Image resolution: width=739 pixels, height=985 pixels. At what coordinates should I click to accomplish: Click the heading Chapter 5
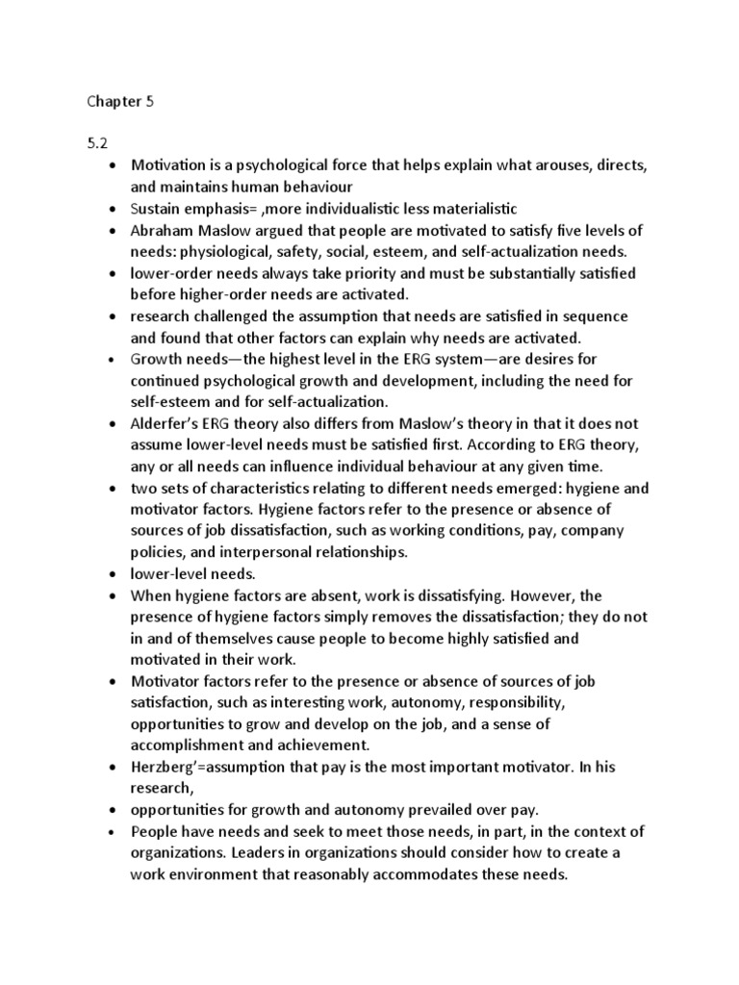119,101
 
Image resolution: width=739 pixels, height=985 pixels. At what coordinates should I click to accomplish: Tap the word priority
396,273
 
